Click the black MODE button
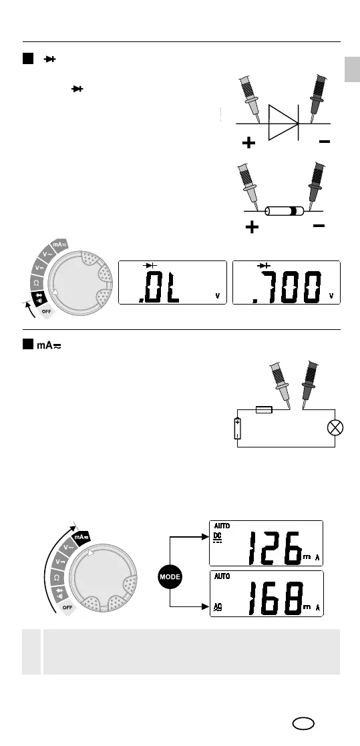170,577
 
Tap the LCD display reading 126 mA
266,544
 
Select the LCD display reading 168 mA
266,594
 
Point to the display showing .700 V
287,283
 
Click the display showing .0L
172,283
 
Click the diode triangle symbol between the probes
283,123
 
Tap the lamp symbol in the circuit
335,427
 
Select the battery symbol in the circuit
238,427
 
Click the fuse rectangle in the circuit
264,409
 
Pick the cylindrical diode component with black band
283,211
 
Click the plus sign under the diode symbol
248,143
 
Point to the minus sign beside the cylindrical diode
319,226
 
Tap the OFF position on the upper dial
46,311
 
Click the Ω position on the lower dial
56,577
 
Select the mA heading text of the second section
49,345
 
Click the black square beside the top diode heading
28,59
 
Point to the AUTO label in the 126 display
222,526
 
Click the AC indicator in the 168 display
218,608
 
